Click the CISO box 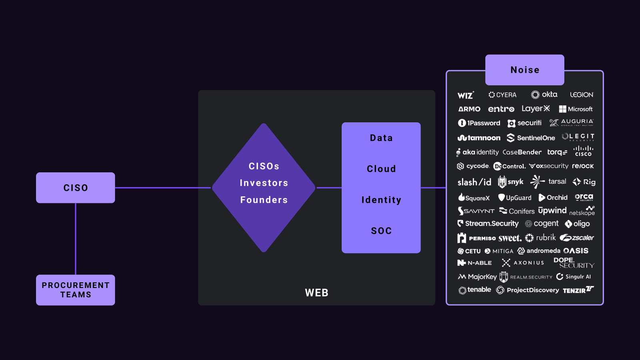(76, 188)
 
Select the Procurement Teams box (76, 290)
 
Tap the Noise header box (525, 70)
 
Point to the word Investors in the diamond (264, 183)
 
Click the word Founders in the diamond (264, 200)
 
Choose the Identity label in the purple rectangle (381, 200)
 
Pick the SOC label (381, 230)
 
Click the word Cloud (381, 169)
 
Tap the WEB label (316, 293)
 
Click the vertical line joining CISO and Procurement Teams (76, 239)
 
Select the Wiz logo (466, 95)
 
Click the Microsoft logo (576, 109)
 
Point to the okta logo (544, 94)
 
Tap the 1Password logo (479, 123)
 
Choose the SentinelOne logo (531, 138)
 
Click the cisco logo (583, 151)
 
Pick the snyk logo (511, 182)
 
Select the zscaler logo (577, 238)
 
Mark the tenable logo (475, 290)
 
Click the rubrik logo (540, 238)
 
